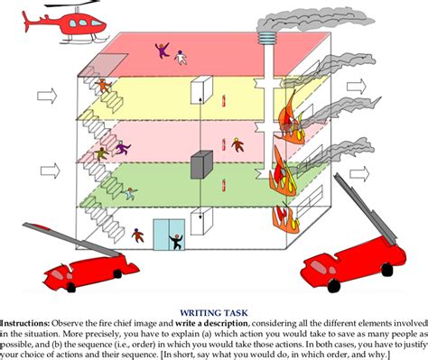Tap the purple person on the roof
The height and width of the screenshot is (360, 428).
tap(163, 51)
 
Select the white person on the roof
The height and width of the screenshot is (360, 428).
tap(181, 58)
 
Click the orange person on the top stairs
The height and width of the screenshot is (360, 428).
tap(103, 86)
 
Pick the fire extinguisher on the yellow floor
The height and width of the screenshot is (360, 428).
tap(224, 101)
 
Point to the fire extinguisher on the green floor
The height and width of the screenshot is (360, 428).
tap(224, 185)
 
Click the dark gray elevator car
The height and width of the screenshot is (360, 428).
tap(201, 164)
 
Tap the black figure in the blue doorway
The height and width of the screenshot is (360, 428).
tap(176, 242)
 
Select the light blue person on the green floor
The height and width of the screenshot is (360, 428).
tap(130, 193)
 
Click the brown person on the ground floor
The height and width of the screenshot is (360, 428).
tap(137, 235)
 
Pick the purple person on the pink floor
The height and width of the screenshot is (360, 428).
tap(122, 147)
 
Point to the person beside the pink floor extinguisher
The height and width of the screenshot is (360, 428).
tap(237, 144)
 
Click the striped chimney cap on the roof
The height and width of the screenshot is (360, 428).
tap(266, 38)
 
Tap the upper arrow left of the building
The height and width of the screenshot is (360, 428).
tap(47, 97)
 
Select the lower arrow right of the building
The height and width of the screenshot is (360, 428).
tap(359, 174)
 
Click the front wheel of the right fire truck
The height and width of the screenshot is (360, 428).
tap(333, 285)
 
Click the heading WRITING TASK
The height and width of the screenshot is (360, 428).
tap(214, 313)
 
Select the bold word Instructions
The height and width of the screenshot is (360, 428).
tap(24, 324)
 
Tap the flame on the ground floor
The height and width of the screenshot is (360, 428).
tap(285, 218)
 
